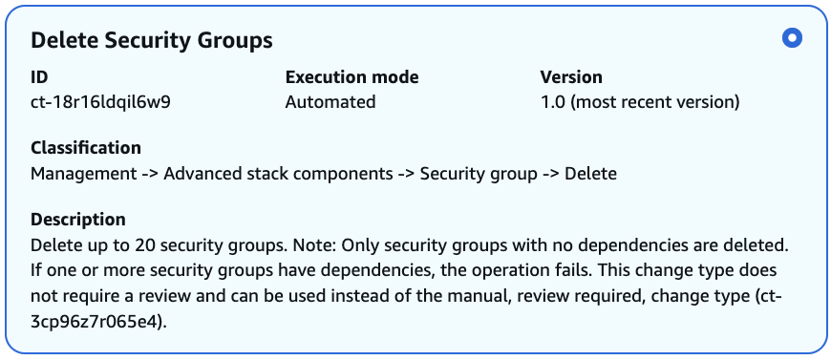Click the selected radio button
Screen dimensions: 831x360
click(791, 39)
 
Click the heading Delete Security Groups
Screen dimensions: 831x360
click(152, 40)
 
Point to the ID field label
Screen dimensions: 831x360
click(39, 77)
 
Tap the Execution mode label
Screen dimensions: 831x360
click(352, 77)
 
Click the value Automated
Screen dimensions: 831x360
click(330, 101)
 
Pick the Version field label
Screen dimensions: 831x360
click(571, 77)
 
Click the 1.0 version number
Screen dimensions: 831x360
click(553, 101)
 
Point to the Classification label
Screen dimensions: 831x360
click(86, 148)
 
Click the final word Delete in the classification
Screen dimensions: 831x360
click(590, 173)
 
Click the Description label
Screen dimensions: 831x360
click(78, 220)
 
